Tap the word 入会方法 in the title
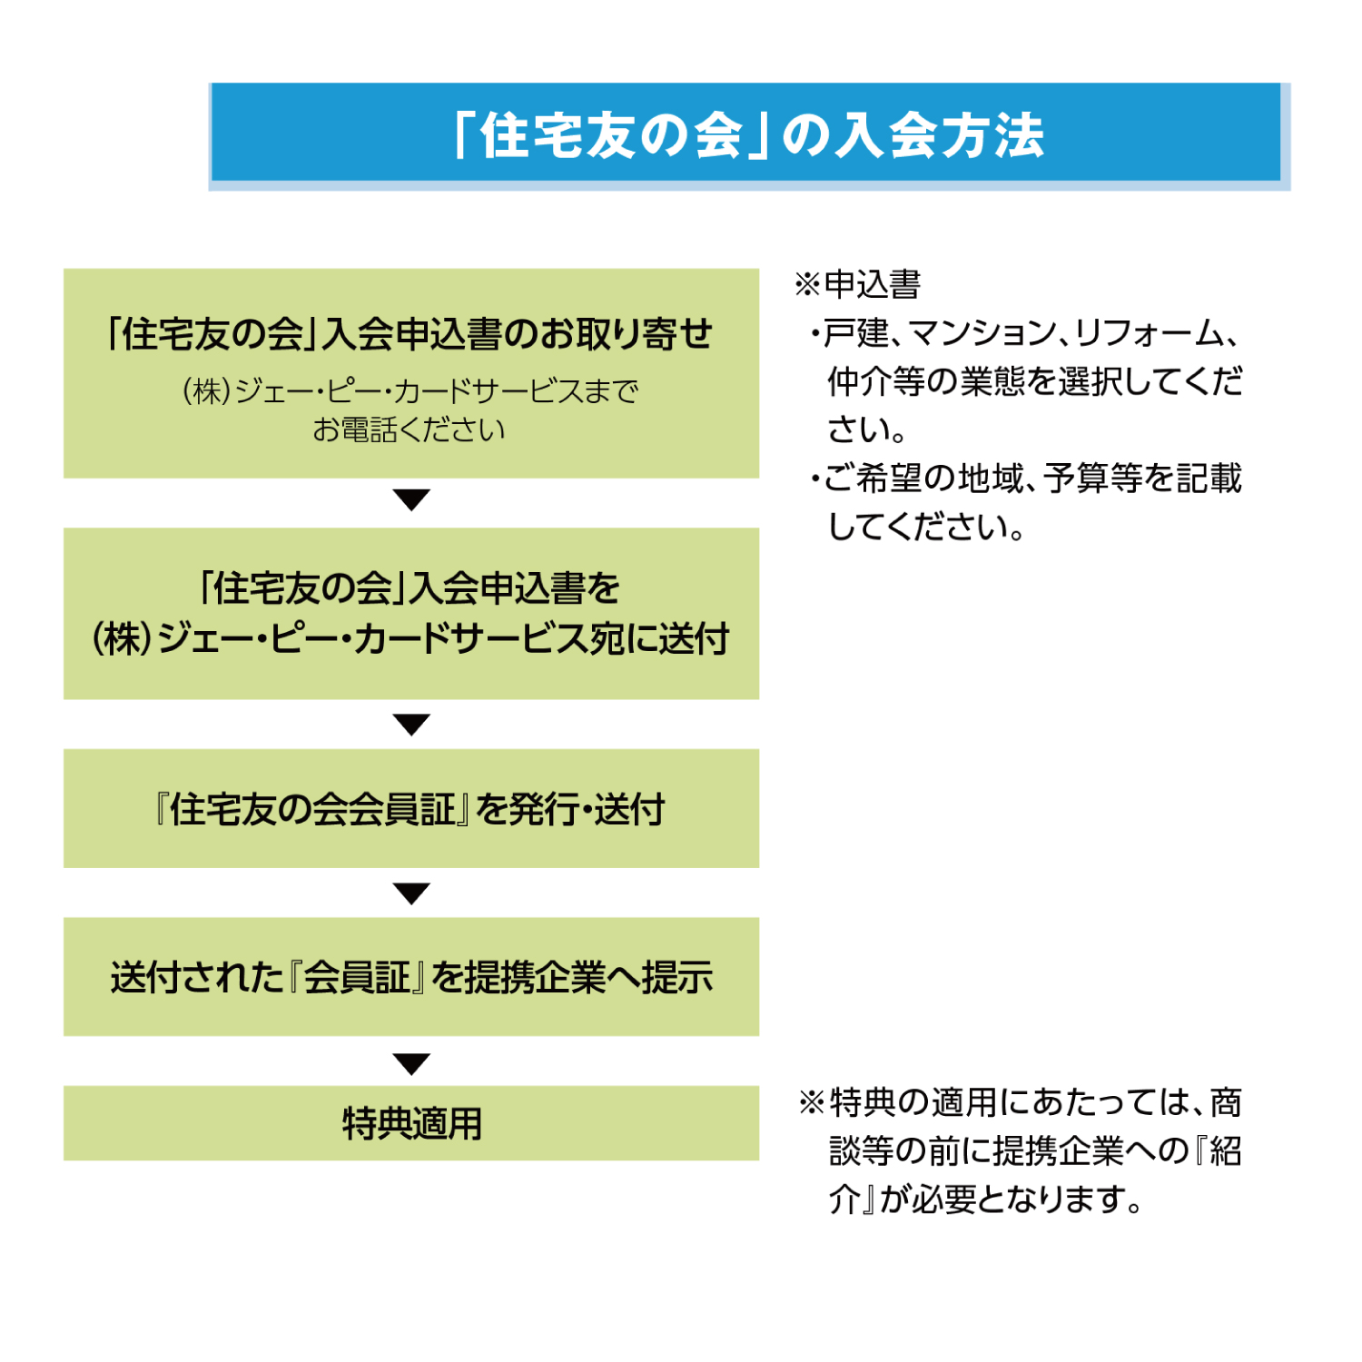940,136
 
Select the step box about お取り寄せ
410,372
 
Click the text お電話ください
409,430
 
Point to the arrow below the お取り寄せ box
411,499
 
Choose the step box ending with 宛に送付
410,613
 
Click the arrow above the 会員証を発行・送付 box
411,725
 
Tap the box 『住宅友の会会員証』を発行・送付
410,808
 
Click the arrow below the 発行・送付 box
411,893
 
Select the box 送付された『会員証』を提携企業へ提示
410,977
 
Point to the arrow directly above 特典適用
411,1062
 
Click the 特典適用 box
410,1123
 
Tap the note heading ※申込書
858,285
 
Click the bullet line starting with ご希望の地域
1026,479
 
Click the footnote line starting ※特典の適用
1021,1102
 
